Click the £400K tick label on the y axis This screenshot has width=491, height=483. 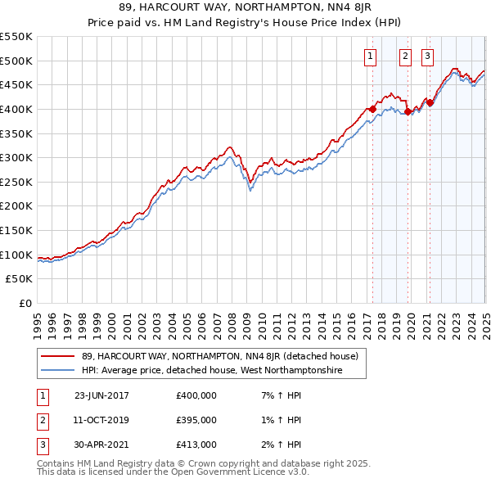click(16, 109)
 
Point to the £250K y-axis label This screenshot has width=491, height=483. click(16, 182)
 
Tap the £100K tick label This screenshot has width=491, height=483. click(16, 255)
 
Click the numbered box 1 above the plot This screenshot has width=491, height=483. click(371, 56)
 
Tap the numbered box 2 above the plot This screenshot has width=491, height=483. click(405, 56)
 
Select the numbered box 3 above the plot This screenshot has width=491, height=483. click(428, 56)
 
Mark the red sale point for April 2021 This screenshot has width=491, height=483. click(430, 102)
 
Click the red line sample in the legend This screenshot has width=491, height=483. click(57, 356)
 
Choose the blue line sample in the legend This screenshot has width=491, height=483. click(57, 371)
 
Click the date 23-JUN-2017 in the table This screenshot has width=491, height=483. click(101, 395)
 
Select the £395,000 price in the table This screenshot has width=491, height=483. click(196, 420)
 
